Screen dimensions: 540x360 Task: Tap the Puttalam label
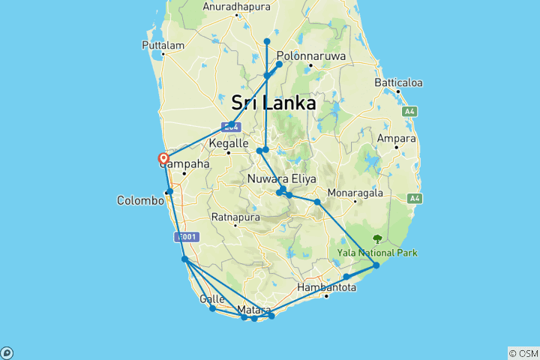point(163,46)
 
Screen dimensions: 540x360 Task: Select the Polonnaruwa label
point(310,55)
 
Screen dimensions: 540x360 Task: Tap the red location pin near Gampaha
point(163,158)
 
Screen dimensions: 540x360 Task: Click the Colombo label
point(140,200)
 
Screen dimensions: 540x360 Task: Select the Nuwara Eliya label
point(282,178)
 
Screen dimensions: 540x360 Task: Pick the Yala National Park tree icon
point(376,240)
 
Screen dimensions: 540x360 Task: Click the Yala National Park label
point(376,253)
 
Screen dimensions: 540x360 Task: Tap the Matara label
point(253,309)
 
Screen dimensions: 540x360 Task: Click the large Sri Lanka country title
point(274,103)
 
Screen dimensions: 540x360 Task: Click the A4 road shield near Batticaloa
point(409,112)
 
